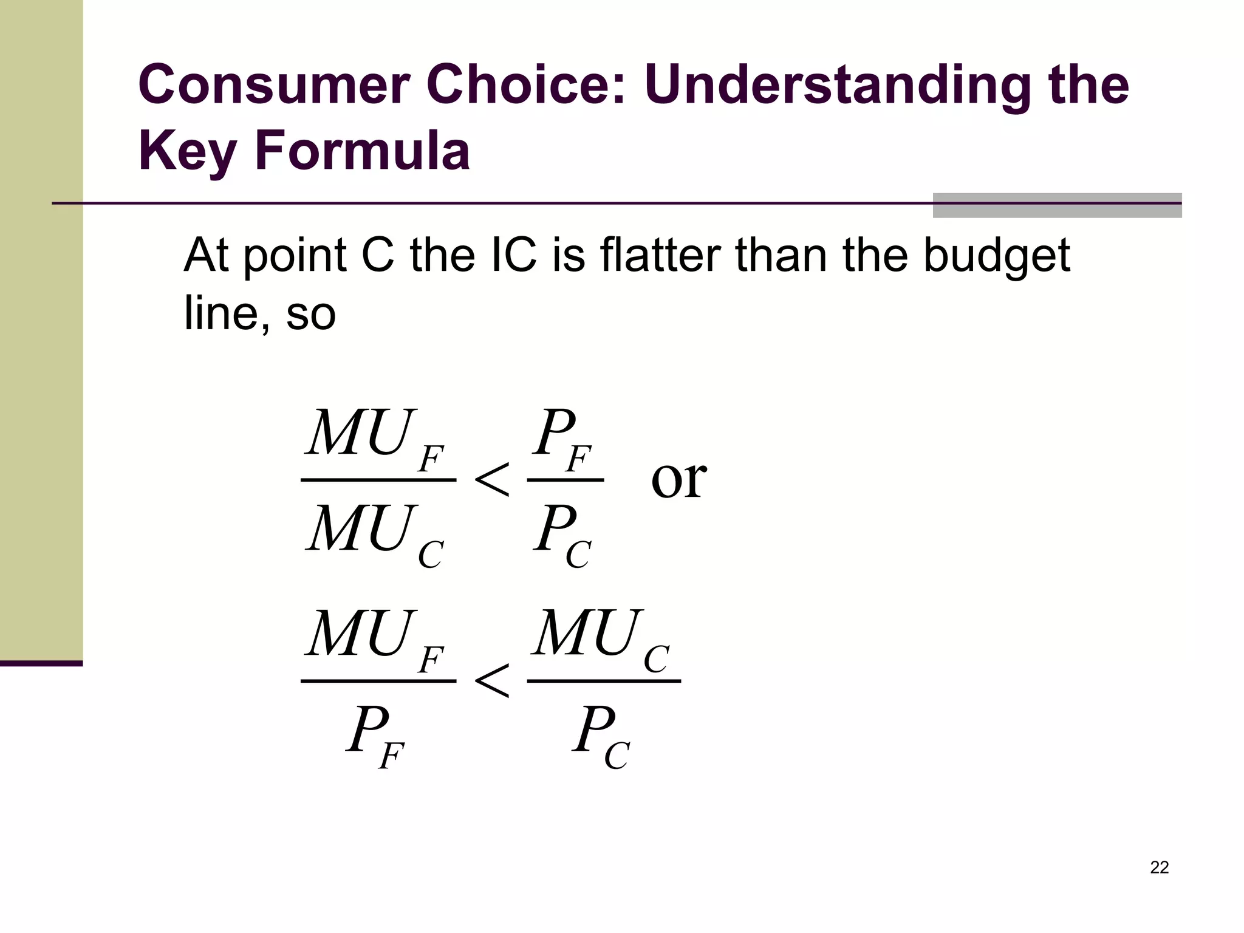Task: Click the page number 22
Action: coord(1159,867)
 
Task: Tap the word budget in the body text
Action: coord(996,256)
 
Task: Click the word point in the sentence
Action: coord(295,256)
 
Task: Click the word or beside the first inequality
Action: coord(678,478)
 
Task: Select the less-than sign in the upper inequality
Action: coord(491,480)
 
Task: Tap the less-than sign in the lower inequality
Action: coord(491,682)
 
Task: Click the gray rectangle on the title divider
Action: coord(1057,205)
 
